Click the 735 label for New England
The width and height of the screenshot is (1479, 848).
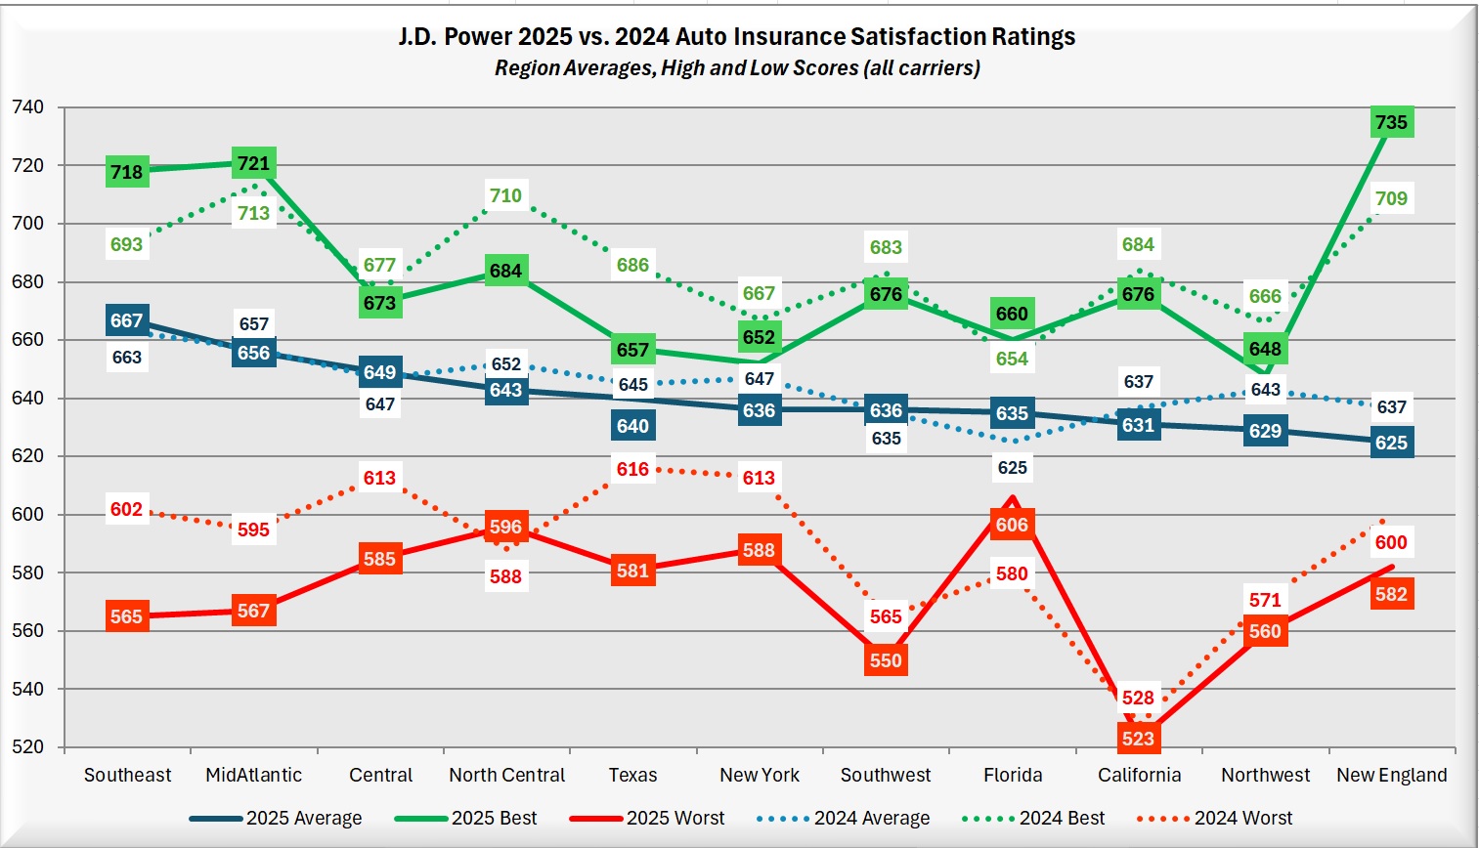point(1391,122)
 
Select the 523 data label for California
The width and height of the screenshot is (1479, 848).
point(1138,739)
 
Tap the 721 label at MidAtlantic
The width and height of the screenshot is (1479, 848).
point(253,163)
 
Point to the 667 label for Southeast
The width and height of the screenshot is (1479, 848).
point(126,320)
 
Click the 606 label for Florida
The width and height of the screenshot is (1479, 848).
point(1012,525)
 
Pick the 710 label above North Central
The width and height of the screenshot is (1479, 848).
point(505,195)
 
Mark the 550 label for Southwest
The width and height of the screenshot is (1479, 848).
point(886,660)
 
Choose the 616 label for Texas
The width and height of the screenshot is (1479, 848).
point(632,469)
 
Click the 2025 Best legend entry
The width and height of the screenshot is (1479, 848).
point(494,819)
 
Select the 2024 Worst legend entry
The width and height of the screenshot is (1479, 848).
point(1242,819)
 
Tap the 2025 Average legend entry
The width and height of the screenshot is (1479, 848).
point(303,819)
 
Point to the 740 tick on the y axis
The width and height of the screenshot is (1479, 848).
point(27,107)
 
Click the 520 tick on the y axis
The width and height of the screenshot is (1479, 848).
point(27,747)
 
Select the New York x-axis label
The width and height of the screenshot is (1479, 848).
point(760,775)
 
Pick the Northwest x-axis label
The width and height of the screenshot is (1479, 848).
point(1265,775)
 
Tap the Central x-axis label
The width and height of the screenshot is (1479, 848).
point(380,775)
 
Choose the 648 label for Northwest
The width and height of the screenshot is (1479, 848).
point(1265,349)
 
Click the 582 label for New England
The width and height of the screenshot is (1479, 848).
point(1391,594)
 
